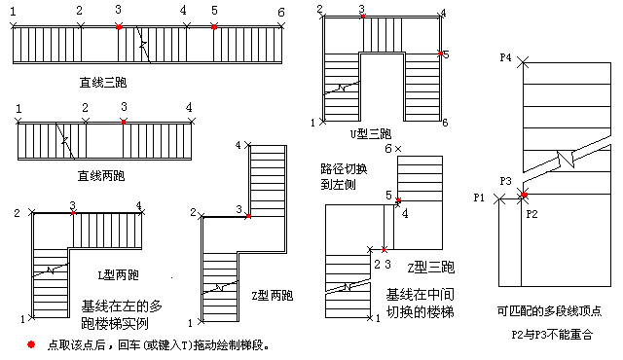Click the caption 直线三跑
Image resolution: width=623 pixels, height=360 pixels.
[103, 83]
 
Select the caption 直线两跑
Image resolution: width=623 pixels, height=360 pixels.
[101, 176]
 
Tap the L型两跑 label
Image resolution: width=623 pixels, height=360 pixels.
[119, 275]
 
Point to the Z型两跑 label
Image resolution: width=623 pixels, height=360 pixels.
[273, 296]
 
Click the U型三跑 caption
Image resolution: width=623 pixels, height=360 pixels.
[370, 133]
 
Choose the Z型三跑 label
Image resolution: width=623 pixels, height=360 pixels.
[431, 268]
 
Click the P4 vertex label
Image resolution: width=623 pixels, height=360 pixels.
[505, 58]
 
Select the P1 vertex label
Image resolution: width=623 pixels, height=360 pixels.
[479, 198]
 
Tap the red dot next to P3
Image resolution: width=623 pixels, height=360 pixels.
[524, 195]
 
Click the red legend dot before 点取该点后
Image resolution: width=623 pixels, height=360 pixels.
[31, 344]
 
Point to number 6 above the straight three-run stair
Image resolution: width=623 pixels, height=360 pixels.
[281, 13]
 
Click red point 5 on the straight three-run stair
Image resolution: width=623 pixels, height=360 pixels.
[214, 27]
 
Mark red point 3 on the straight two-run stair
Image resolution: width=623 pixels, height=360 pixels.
[124, 122]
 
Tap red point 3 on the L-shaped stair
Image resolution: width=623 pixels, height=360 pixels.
[73, 213]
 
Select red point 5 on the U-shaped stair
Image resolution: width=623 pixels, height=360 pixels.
[440, 54]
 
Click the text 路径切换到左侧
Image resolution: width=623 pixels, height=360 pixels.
[344, 177]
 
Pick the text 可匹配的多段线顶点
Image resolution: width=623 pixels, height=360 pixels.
[549, 310]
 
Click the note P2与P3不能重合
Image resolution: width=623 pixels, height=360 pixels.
[552, 335]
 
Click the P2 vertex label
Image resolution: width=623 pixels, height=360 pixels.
[531, 214]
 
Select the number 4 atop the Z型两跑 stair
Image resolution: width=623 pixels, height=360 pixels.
[238, 145]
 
